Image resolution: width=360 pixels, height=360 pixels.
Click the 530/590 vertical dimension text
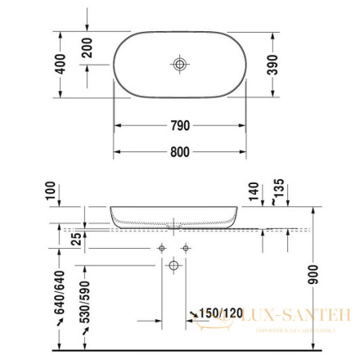tap(86, 300)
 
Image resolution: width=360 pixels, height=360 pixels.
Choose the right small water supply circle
tap(186, 247)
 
